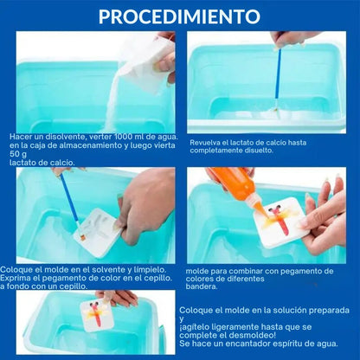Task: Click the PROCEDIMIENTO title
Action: [179, 16]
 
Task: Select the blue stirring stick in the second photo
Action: [278, 78]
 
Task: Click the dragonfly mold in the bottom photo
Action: [97, 316]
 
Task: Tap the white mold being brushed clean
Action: [98, 233]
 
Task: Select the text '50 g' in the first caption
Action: [18, 154]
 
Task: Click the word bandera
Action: [201, 286]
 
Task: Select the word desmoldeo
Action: [251, 335]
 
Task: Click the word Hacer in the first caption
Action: [20, 136]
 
